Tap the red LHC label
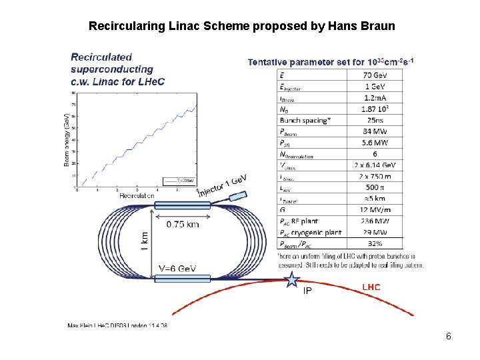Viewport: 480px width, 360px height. pyautogui.click(x=371, y=287)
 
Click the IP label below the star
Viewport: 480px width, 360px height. pyautogui.click(x=307, y=291)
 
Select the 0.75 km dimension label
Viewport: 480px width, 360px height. pyautogui.click(x=183, y=224)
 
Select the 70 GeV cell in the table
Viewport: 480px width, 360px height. pyautogui.click(x=375, y=75)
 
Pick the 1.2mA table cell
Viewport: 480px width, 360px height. pyautogui.click(x=375, y=97)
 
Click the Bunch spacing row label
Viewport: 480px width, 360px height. pyautogui.click(x=305, y=121)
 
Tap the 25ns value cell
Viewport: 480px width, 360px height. pyautogui.click(x=375, y=121)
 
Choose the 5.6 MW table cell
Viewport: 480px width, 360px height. pyautogui.click(x=375, y=143)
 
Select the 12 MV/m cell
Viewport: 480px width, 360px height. pyautogui.click(x=375, y=209)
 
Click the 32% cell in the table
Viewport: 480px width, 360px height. pyautogui.click(x=375, y=243)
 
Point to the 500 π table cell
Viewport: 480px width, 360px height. pyautogui.click(x=375, y=188)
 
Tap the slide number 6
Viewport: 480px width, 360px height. pyautogui.click(x=449, y=337)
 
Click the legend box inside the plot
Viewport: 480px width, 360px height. pyautogui.click(x=179, y=180)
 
